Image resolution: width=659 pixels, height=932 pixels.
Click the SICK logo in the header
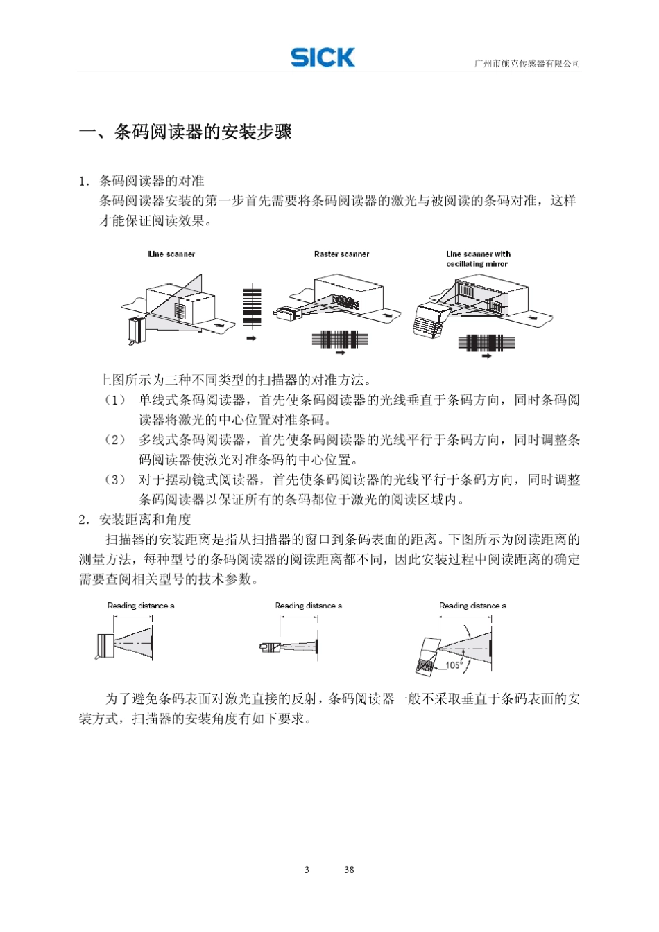323,58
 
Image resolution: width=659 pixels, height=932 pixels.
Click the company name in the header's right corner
527,64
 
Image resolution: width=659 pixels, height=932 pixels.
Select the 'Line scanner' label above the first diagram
171,254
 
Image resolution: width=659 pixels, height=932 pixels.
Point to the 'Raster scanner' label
341,254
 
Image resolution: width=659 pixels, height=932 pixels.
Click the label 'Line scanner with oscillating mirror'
478,259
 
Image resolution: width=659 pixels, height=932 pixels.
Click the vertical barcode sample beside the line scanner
252,306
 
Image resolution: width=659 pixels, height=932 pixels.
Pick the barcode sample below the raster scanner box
340,340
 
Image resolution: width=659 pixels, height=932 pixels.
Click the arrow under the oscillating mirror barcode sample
486,356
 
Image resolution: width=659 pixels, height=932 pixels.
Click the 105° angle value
453,665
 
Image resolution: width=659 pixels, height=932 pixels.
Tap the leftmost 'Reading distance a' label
141,606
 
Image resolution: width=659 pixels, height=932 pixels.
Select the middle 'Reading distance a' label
309,606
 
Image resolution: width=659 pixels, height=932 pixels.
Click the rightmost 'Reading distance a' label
472,606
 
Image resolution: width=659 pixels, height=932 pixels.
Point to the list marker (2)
115,440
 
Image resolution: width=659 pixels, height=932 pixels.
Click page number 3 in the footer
307,870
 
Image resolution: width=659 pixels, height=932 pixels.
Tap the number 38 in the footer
349,870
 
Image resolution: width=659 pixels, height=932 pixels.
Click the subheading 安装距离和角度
145,520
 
